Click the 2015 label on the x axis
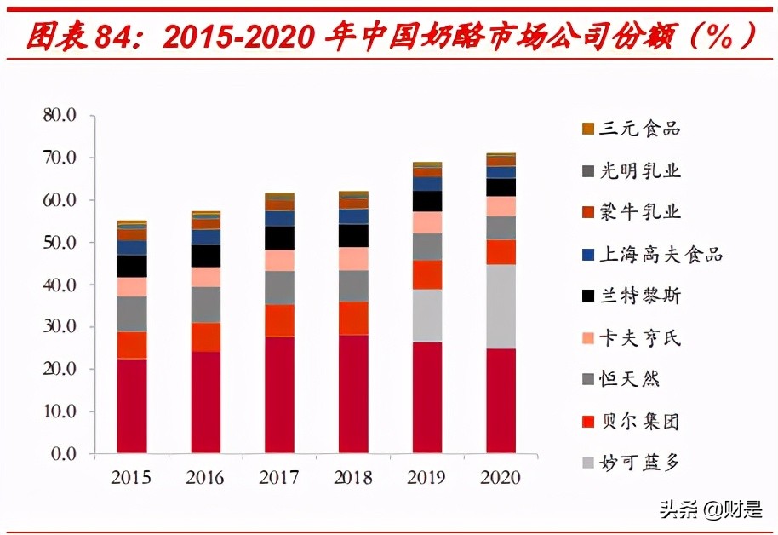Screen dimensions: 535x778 [131, 477]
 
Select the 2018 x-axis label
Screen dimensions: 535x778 [352, 477]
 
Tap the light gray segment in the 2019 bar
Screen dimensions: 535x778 [426, 315]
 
